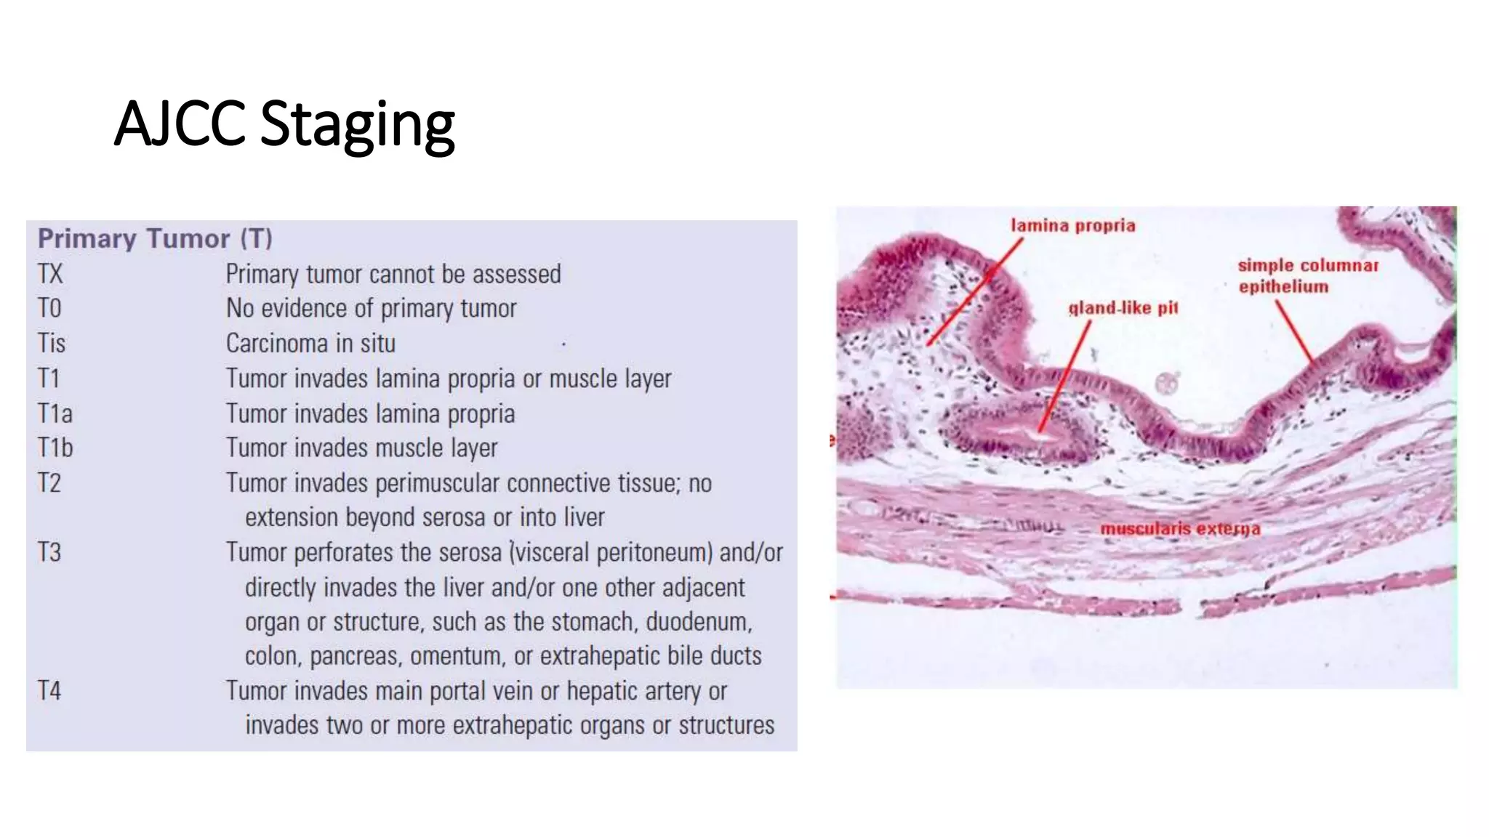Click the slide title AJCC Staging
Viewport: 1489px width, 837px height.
point(284,124)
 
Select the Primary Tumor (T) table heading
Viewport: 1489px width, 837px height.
point(155,238)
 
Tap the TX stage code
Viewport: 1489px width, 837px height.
point(50,274)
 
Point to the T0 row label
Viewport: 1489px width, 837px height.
point(49,308)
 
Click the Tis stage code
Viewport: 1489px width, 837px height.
point(52,343)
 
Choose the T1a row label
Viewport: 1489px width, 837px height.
point(55,413)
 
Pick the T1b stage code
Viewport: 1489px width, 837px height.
point(55,448)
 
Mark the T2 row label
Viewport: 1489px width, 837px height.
point(49,482)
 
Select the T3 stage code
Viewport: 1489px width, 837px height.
point(49,552)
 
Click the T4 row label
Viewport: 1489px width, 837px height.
point(49,690)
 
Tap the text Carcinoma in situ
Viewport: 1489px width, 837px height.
point(310,343)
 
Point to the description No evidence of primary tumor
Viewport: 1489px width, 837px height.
point(371,308)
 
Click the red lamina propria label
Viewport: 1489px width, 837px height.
point(1072,225)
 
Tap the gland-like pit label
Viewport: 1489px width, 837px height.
point(1123,308)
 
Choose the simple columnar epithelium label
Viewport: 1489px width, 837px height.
point(1307,275)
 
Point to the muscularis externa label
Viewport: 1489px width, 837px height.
point(1180,528)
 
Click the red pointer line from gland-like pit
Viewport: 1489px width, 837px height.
point(1065,378)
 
